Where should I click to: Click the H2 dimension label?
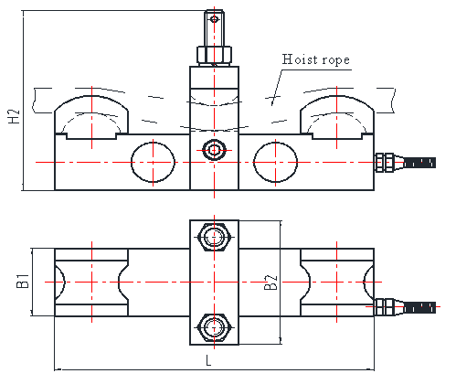14,116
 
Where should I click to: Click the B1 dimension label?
23,281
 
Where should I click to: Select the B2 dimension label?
270,283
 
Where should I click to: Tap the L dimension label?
208,360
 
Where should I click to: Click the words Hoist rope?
315,59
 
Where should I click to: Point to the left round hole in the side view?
153,162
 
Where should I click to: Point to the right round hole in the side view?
275,162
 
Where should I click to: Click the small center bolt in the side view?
215,150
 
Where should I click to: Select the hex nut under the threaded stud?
215,56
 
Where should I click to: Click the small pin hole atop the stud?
215,19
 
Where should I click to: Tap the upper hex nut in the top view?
215,237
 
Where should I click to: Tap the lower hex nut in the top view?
215,327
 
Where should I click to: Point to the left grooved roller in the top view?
91,283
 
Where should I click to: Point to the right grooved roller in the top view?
337,283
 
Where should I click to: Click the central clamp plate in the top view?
215,283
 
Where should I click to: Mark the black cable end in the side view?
419,163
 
